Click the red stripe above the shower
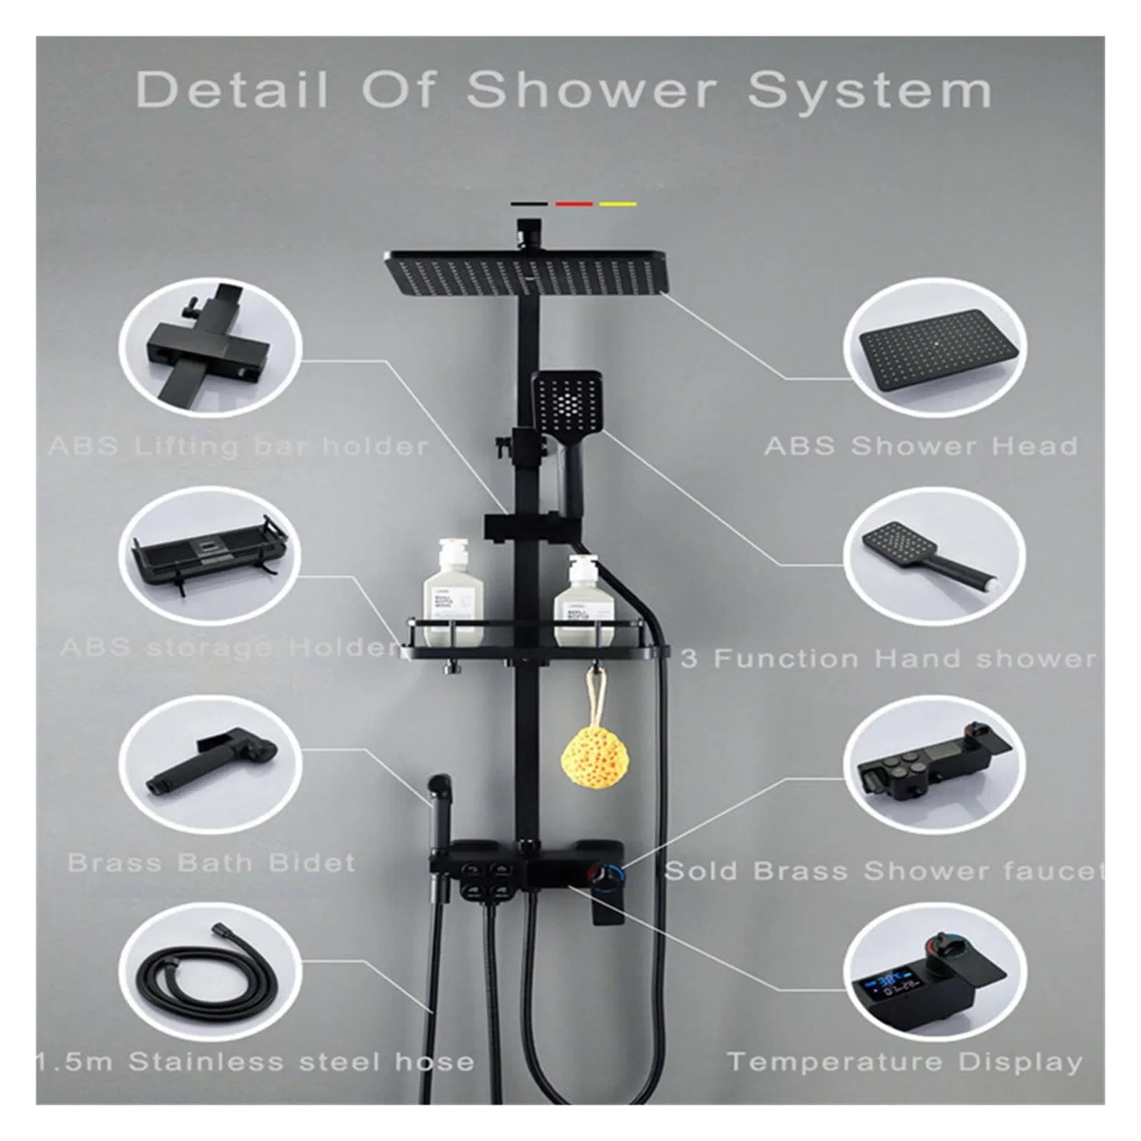click(574, 204)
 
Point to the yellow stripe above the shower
click(618, 204)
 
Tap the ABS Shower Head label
click(921, 446)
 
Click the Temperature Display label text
click(904, 1062)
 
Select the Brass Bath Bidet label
click(211, 863)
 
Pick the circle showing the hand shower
click(935, 556)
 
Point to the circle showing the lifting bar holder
click(211, 347)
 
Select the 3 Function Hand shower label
click(888, 659)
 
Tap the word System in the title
click(870, 91)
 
